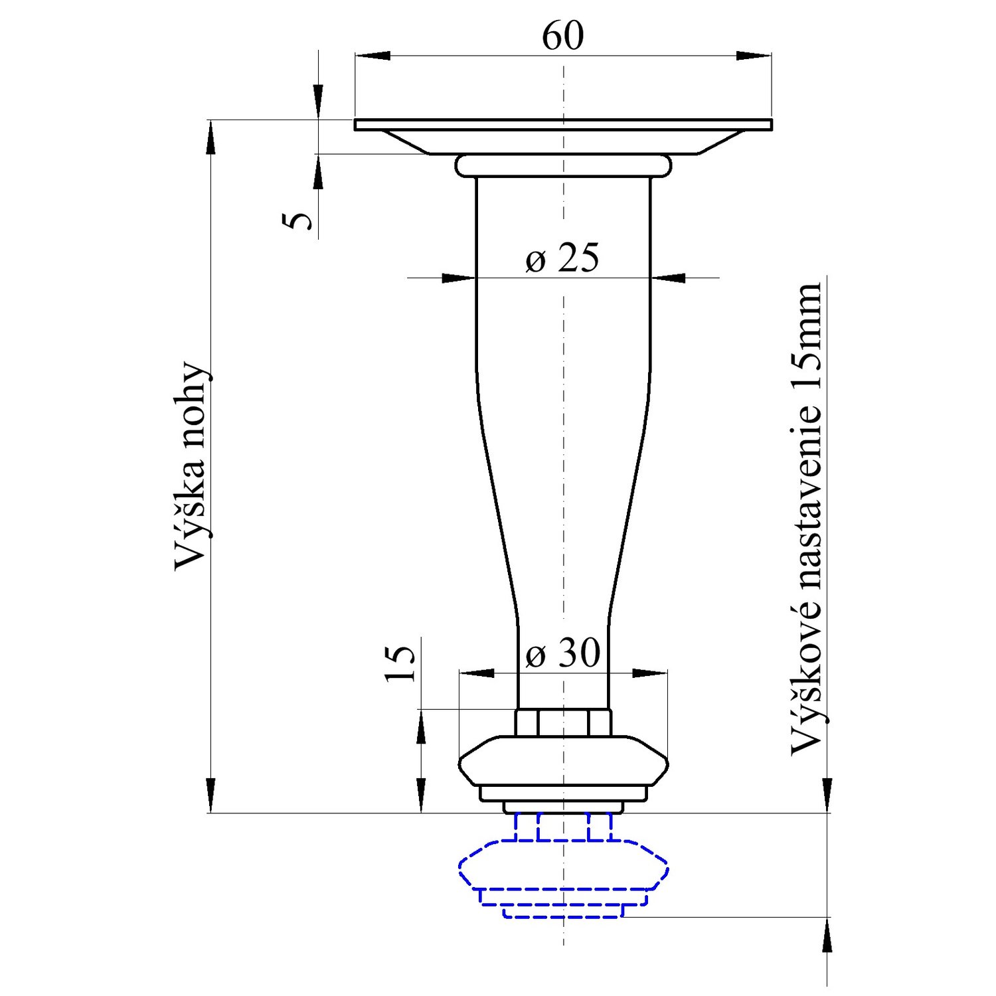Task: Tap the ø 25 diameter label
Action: click(562, 258)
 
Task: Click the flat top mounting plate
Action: click(563, 125)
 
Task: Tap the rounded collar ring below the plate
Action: click(563, 166)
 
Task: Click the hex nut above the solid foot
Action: click(563, 722)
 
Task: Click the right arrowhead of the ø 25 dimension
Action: click(668, 278)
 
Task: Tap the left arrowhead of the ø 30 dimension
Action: click(476, 673)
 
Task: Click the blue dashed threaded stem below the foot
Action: click(563, 827)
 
